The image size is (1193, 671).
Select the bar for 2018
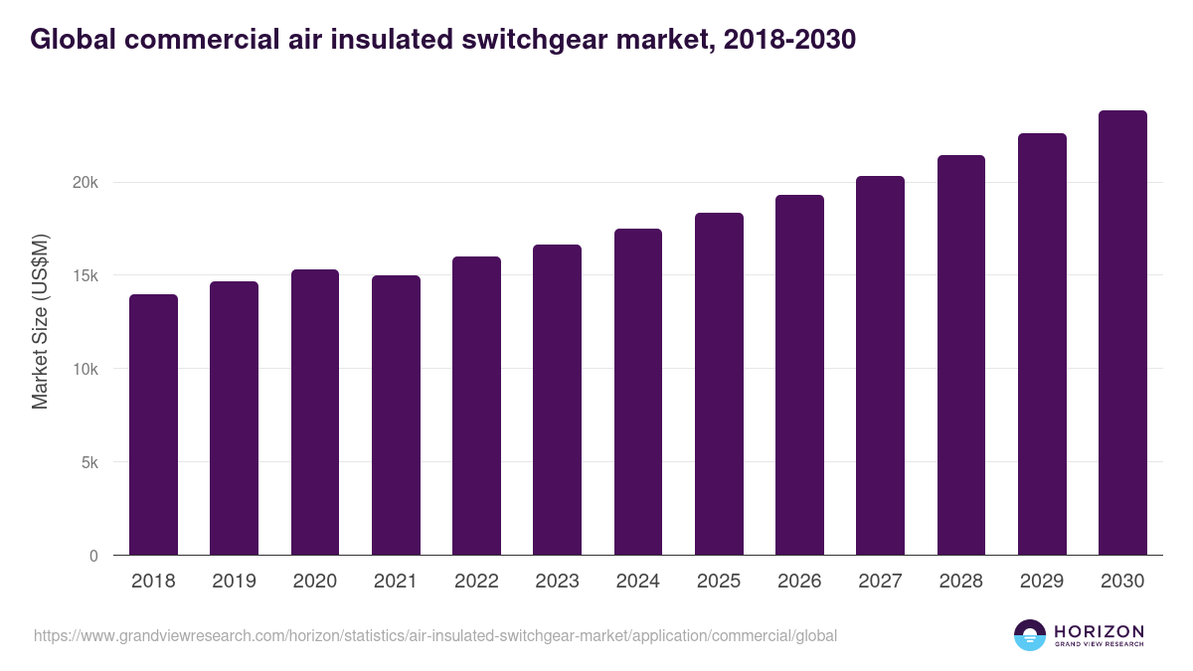point(153,424)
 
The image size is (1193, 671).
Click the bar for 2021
point(396,416)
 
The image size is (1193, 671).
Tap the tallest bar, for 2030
point(1122,333)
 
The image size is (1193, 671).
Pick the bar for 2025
point(719,384)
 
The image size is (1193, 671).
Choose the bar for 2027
point(880,366)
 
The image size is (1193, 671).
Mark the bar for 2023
point(557,400)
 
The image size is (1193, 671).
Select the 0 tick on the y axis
point(93,557)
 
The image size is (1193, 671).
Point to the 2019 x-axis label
point(234,582)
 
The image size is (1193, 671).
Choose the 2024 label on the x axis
point(637,582)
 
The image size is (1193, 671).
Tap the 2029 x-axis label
point(1042,582)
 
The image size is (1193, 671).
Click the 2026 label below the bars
point(799,582)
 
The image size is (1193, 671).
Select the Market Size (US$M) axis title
point(40,320)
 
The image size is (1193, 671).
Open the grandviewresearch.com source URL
point(435,635)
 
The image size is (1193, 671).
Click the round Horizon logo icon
point(1030,635)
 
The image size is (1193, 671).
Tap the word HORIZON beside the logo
point(1099,630)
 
